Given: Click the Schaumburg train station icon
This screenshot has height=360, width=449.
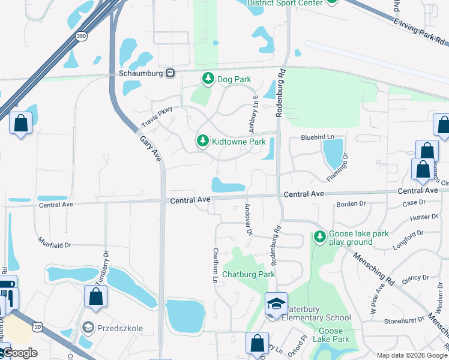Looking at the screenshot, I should coord(170,73).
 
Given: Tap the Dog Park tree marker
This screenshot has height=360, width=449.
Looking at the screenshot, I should coord(208,79).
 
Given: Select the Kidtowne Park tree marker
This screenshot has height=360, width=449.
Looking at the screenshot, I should coord(203,141).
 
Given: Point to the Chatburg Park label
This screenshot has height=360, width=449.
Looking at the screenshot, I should coord(249,274).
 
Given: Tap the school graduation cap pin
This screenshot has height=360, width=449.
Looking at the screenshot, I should coord(276,304).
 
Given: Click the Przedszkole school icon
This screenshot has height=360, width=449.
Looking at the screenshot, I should coord(88,327).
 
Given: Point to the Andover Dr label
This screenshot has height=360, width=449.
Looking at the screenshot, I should coord(247,218).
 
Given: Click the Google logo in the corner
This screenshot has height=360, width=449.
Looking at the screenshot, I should coord(20,353).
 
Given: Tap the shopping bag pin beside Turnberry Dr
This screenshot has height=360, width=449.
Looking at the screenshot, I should coord(95,296).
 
